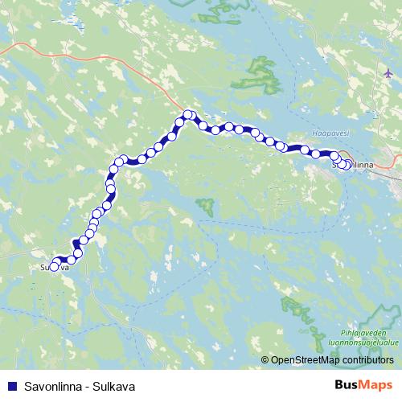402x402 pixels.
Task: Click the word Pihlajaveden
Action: click(x=363, y=331)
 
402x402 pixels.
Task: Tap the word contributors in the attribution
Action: click(x=370, y=360)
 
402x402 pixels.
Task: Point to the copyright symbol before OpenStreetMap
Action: click(x=265, y=360)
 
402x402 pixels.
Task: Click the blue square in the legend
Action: click(x=11, y=386)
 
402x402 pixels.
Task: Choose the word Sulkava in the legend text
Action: click(x=113, y=386)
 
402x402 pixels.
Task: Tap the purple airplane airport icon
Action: click(x=388, y=72)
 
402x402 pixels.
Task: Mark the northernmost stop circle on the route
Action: click(x=187, y=115)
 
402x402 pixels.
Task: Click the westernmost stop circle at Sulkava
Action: click(x=55, y=267)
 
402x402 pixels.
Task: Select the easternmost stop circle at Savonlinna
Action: click(x=347, y=166)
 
